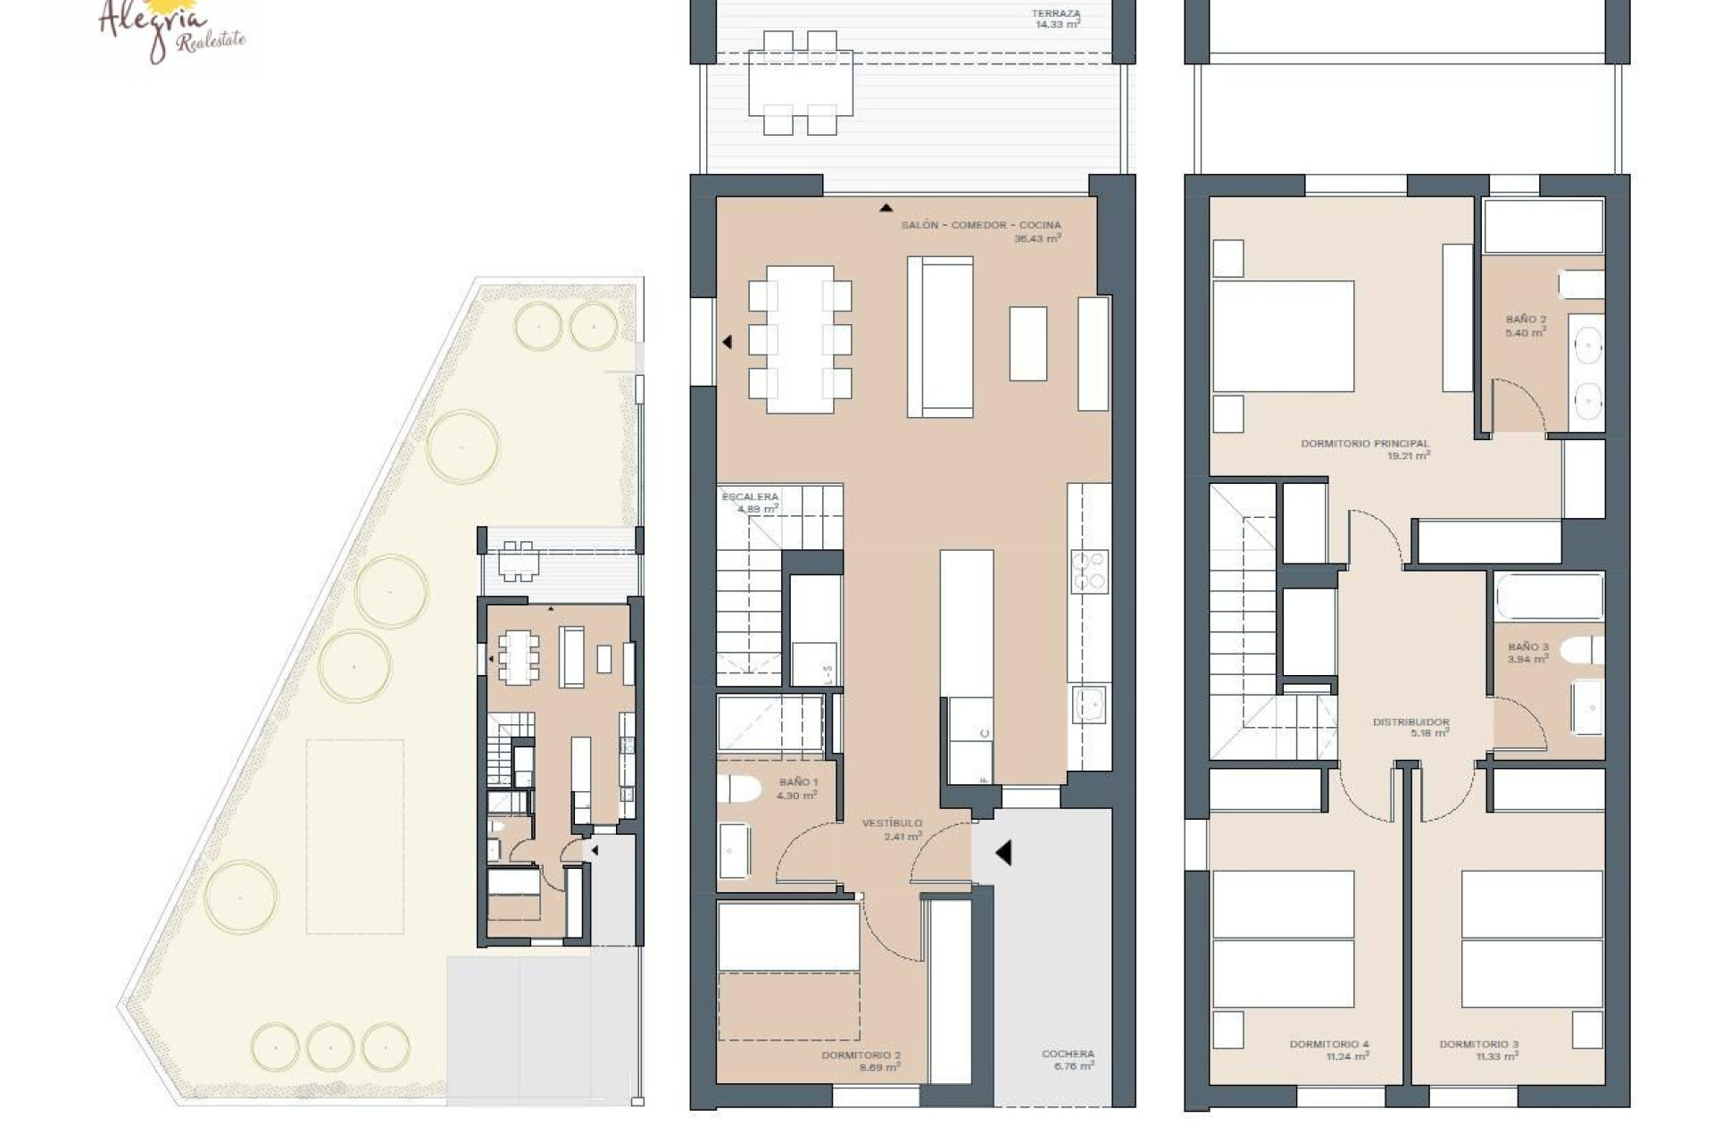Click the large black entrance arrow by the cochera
coord(1003,853)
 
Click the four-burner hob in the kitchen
coord(1089,571)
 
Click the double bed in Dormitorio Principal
coord(1283,336)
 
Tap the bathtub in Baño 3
coord(1549,597)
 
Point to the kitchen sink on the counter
coord(1089,704)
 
